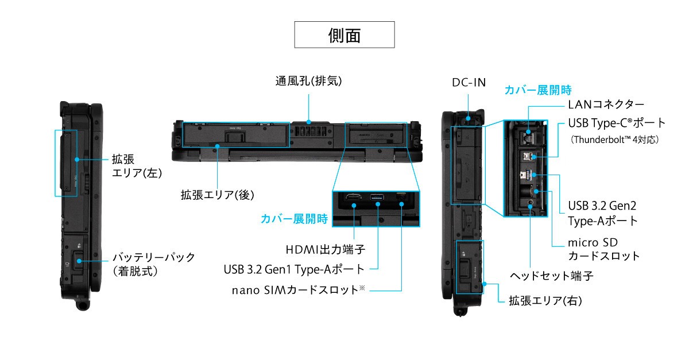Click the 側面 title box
(344, 34)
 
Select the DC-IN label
(468, 83)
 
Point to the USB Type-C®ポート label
(617, 123)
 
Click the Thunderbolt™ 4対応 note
(613, 139)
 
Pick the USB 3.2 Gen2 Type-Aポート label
(602, 213)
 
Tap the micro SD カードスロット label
(603, 249)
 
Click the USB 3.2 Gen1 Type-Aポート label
(294, 269)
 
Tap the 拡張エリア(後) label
(217, 195)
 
